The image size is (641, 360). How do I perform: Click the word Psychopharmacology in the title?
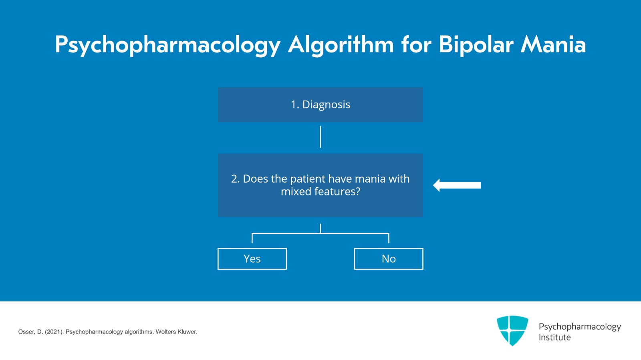[x=167, y=45]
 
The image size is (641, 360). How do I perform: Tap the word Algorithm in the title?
[x=341, y=45]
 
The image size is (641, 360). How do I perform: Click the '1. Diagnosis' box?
[x=320, y=105]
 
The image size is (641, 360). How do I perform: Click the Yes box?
[x=252, y=259]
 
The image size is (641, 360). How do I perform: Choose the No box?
[x=388, y=259]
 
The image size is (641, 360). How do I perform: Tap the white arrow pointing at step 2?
[x=457, y=185]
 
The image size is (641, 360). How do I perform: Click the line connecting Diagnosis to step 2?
[x=320, y=137]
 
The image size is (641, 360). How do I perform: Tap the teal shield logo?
[x=512, y=330]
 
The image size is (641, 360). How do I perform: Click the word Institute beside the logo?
[x=554, y=338]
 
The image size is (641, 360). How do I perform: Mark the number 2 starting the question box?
[x=235, y=179]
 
